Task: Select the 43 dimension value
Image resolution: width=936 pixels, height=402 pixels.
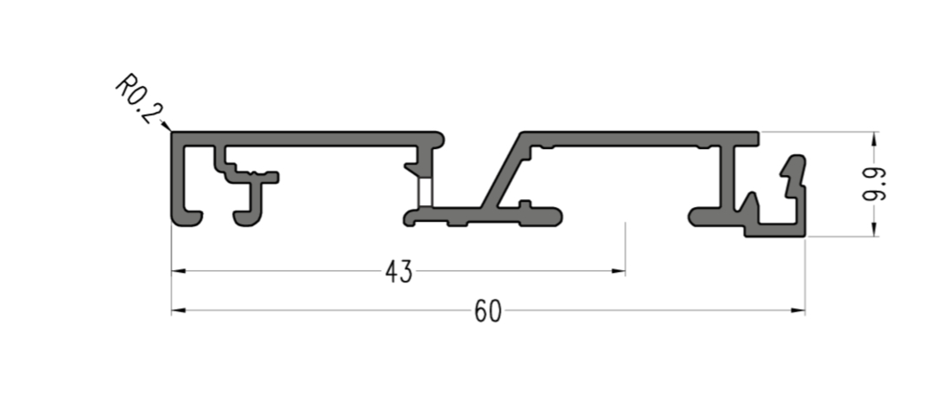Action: (399, 272)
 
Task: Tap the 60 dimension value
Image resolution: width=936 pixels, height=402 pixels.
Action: (488, 311)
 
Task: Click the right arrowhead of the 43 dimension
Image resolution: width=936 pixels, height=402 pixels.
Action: (618, 271)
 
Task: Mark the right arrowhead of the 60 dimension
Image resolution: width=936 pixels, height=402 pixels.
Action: (797, 311)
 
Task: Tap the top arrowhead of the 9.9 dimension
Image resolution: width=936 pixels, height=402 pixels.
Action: (874, 139)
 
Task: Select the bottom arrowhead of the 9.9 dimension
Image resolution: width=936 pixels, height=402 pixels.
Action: (874, 229)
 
